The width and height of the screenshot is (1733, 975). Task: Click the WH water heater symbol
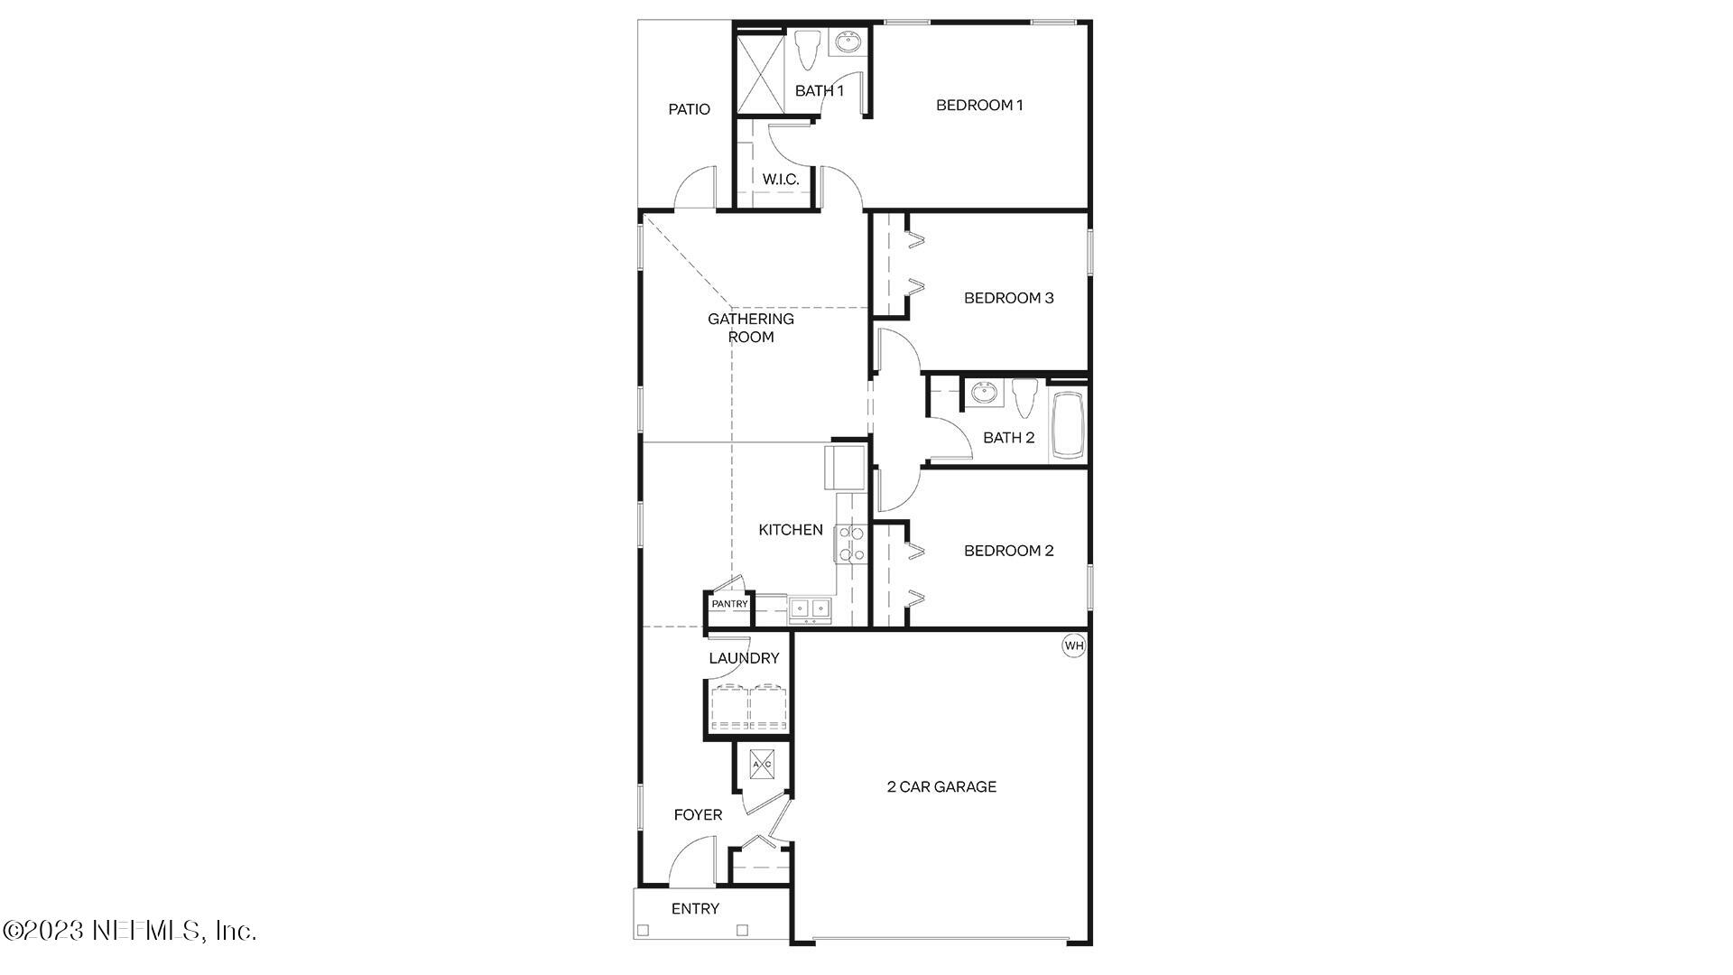pyautogui.click(x=1073, y=645)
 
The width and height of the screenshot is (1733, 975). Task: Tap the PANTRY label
pyautogui.click(x=729, y=604)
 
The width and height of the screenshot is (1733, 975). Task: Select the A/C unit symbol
pyautogui.click(x=762, y=765)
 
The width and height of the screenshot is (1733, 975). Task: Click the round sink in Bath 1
pyautogui.click(x=848, y=42)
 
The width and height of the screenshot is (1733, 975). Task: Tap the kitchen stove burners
pyautogui.click(x=850, y=543)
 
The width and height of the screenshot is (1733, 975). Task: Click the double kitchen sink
pyautogui.click(x=810, y=609)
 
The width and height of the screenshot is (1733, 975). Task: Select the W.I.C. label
pyautogui.click(x=781, y=180)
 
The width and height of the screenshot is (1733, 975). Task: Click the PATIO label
pyautogui.click(x=689, y=109)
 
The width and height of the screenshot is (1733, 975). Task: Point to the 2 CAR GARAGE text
pyautogui.click(x=941, y=787)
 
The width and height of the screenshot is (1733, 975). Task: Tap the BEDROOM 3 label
pyautogui.click(x=1008, y=298)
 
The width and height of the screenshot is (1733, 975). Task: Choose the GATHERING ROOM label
pyautogui.click(x=751, y=328)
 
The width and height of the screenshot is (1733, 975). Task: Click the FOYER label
pyautogui.click(x=698, y=815)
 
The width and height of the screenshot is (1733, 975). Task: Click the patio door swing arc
pyautogui.click(x=694, y=186)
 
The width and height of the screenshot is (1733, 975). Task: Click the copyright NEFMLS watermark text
pyautogui.click(x=130, y=931)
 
